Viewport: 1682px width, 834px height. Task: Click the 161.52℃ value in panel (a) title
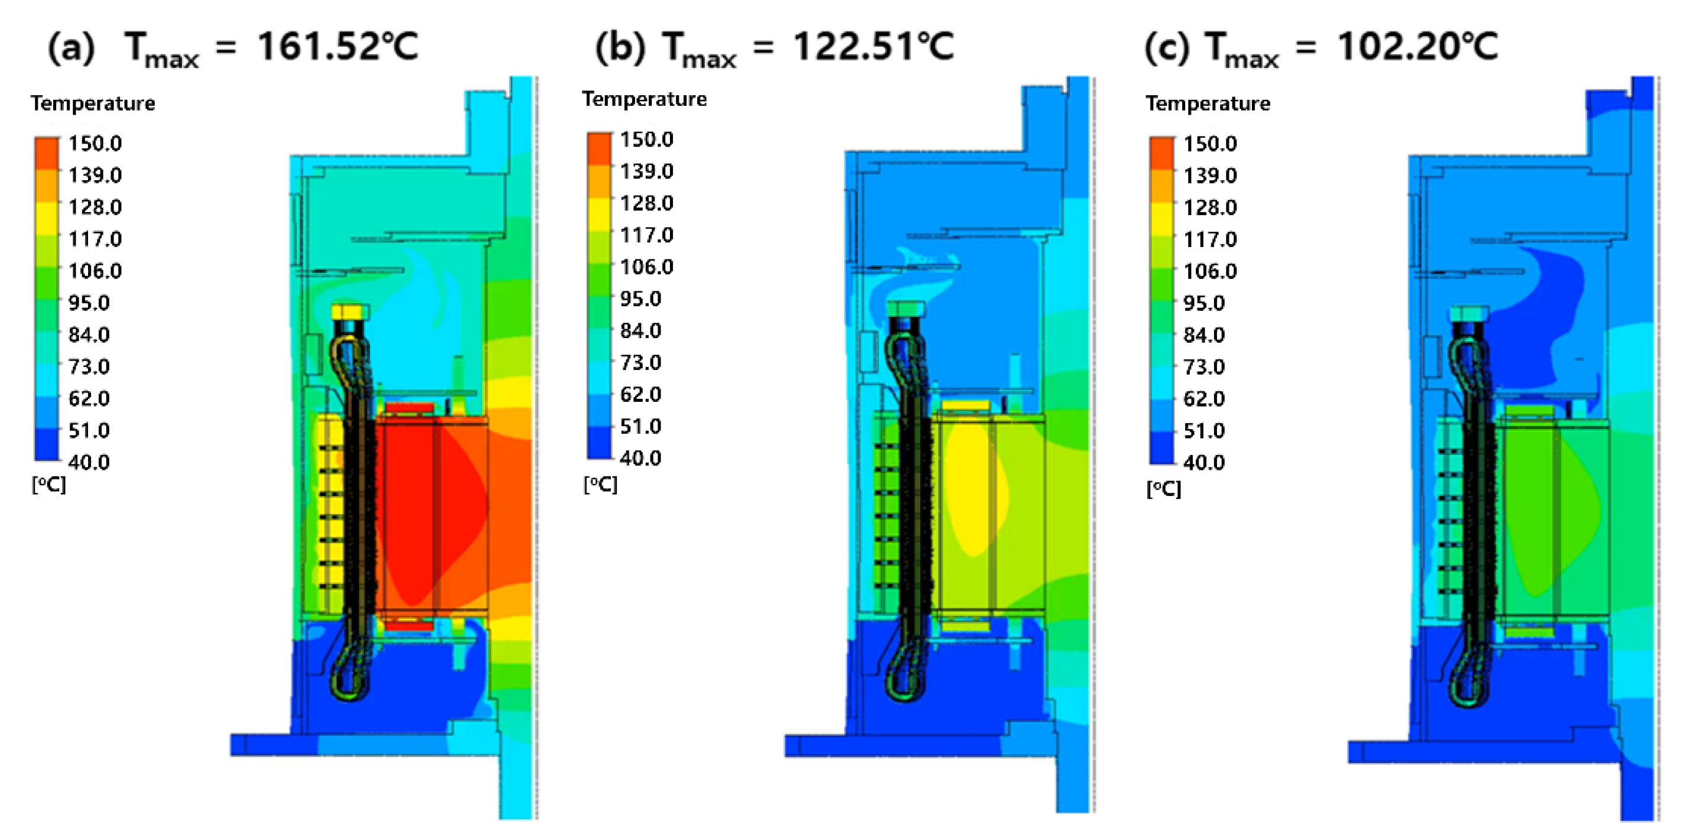337,47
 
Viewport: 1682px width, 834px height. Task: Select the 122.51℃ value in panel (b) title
874,47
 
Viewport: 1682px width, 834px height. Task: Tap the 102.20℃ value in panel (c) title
1417,47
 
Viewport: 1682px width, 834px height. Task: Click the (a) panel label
71,48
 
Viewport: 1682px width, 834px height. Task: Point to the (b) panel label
620,48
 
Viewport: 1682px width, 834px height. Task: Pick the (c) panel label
1168,48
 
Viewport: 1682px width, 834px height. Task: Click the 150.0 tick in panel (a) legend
95,144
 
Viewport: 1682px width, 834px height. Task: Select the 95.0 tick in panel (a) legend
89,303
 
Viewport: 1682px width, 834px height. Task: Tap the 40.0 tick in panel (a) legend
89,462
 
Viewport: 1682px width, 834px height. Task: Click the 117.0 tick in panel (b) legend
646,235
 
